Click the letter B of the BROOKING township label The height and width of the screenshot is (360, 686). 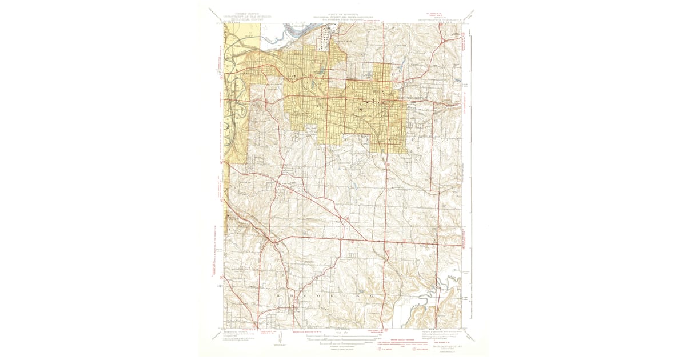[278, 296]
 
